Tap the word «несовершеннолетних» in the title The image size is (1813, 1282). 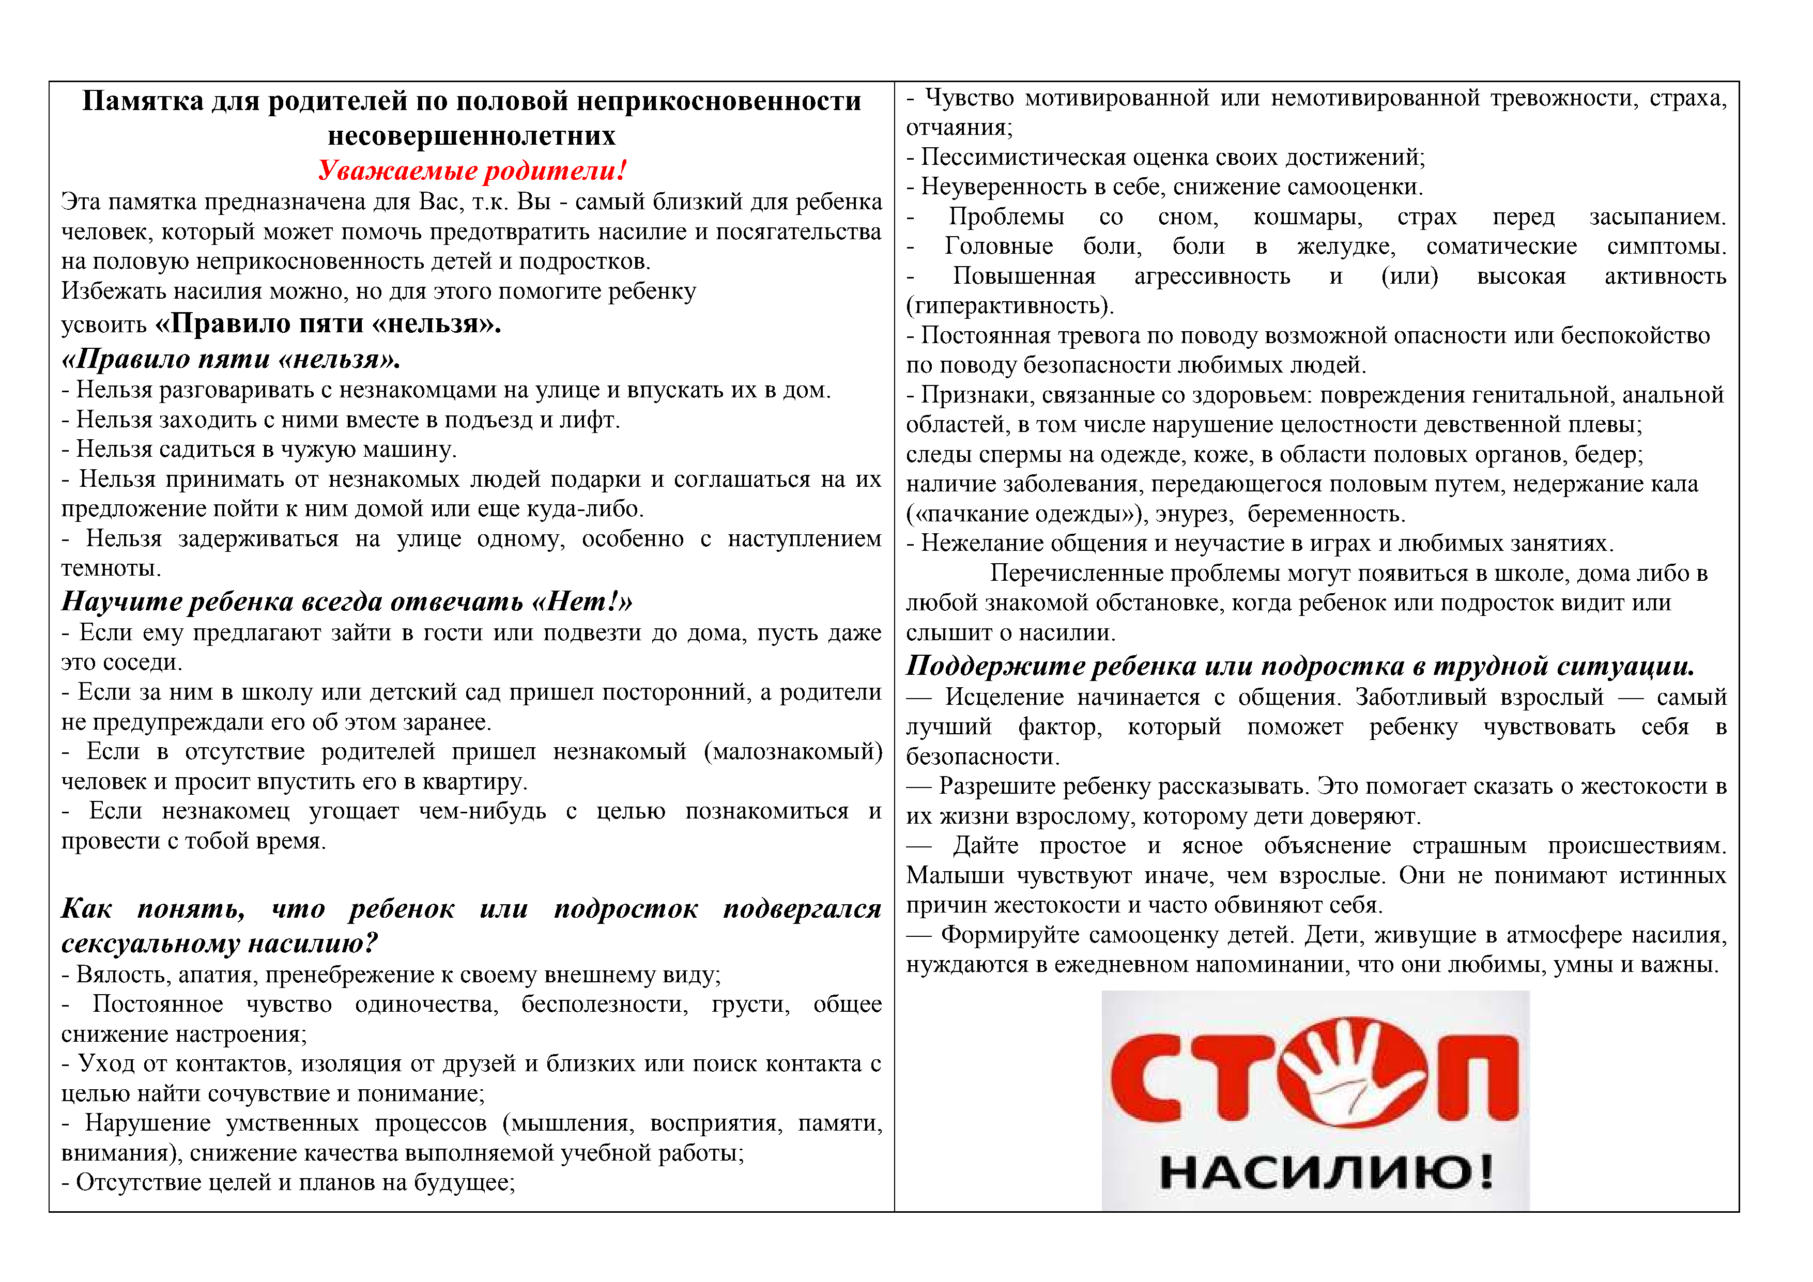[471, 136]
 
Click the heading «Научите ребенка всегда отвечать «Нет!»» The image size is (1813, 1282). [347, 601]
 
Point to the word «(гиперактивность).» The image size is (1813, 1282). [1010, 305]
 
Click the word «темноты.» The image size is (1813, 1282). [111, 568]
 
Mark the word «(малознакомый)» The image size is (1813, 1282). [793, 751]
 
